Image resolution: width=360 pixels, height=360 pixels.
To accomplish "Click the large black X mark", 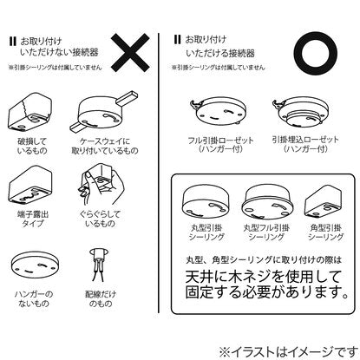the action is click(x=130, y=53).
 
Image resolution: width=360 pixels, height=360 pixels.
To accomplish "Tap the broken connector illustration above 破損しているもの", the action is click(x=30, y=112).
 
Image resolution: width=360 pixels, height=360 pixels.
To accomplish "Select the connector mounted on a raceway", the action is click(x=104, y=111).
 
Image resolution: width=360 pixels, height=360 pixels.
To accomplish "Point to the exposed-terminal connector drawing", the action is click(x=30, y=185).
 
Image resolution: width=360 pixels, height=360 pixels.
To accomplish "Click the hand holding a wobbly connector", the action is click(x=101, y=185).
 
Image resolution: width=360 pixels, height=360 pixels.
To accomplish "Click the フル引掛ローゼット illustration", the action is click(x=219, y=112).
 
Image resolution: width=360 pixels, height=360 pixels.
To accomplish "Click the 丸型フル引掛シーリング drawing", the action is click(x=267, y=202).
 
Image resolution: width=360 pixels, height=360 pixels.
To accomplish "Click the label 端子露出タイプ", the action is click(x=33, y=219).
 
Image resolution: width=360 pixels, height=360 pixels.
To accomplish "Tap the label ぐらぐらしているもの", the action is click(x=100, y=219).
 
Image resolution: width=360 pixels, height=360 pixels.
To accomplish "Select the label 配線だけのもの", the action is click(x=101, y=299).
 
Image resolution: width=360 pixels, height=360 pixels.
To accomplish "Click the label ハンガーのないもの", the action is click(x=34, y=299).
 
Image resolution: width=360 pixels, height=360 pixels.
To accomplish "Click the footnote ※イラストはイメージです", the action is click(x=288, y=352).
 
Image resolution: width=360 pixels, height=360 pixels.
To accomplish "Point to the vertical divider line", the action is click(x=159, y=173).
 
